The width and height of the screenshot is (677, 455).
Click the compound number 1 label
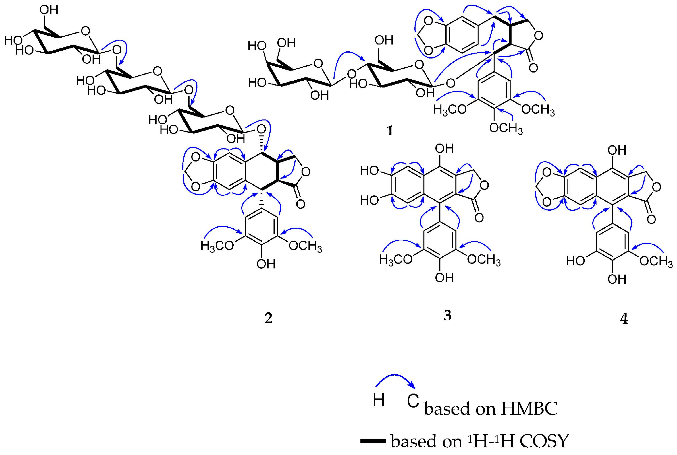(389, 131)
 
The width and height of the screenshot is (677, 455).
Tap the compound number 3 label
(448, 315)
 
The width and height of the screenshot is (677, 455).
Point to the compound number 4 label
(624, 319)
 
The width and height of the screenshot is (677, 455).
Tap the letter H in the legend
(379, 400)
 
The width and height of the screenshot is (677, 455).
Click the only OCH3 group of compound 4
(656, 262)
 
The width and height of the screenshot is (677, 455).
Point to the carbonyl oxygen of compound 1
(533, 68)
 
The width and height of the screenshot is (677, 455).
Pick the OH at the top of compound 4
(617, 150)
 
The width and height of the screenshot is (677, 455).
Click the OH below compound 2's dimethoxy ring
(266, 264)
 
